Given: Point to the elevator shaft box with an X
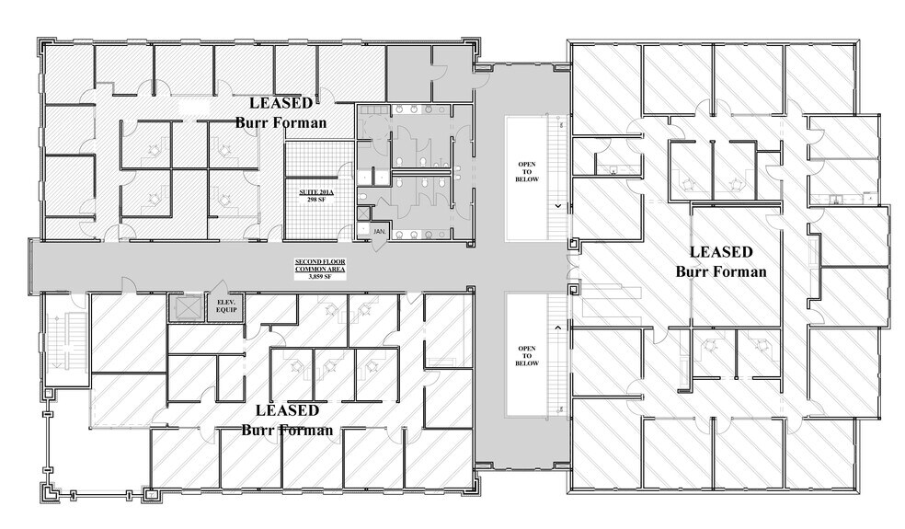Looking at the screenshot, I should coord(186,308).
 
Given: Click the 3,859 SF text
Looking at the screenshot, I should coord(314,277).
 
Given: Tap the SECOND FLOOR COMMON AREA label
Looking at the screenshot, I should coord(314,266).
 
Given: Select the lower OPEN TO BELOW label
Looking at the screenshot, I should coord(527,355).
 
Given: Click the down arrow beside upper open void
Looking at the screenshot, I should coord(557,206).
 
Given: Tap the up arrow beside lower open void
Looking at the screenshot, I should coord(557,327).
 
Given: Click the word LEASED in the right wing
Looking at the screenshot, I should coord(721,251).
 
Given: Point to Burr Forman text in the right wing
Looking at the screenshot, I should coord(721,271).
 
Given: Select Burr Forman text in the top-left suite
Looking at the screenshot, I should coord(281,122).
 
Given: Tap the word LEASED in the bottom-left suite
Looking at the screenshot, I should coord(287,409).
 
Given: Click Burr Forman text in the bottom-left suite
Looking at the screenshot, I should coord(287,430).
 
